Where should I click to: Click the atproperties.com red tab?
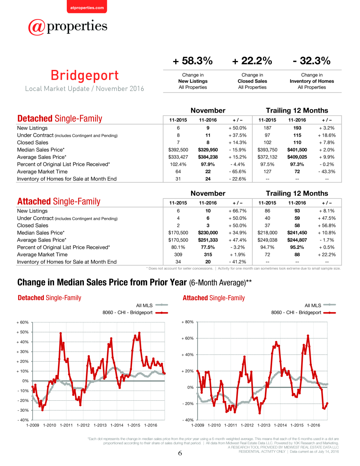[87, 7]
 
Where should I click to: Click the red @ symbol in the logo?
[37, 27]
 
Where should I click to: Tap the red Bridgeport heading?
[85, 75]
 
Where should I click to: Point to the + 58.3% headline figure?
[193, 61]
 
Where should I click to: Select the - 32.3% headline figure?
[311, 61]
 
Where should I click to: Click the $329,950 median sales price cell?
[208, 150]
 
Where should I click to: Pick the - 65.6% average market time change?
[237, 172]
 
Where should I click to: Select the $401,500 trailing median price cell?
[297, 150]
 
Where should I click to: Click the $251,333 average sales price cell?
[208, 240]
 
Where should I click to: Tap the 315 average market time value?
[208, 254]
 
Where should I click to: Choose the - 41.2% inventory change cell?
[237, 262]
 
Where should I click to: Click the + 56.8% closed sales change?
[327, 225]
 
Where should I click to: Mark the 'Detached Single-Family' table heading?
[59, 118]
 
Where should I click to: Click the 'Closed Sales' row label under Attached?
[33, 225]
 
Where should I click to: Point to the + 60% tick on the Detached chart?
[23, 322]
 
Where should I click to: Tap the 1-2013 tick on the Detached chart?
[100, 425]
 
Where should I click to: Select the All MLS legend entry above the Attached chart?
[320, 305]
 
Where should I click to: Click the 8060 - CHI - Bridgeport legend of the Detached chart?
[135, 313]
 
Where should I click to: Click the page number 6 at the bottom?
[180, 453]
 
